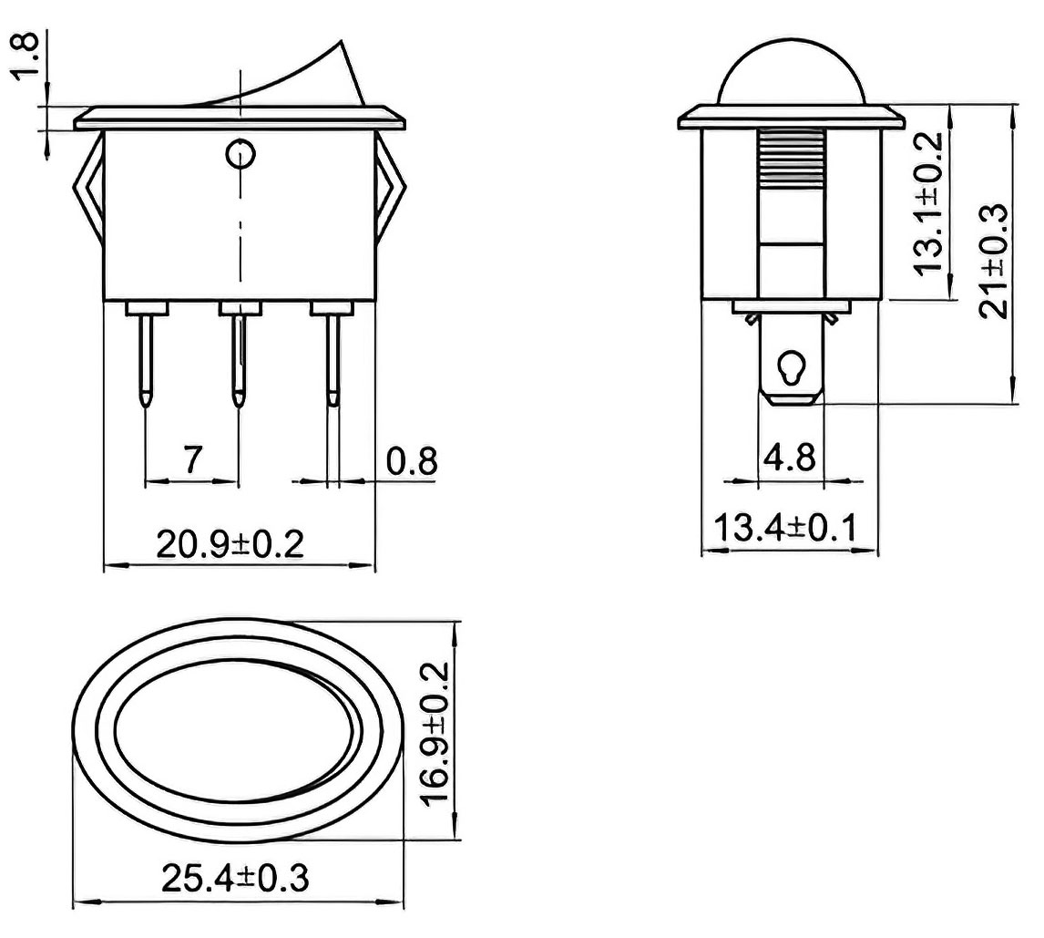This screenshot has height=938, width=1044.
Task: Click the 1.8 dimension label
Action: click(26, 56)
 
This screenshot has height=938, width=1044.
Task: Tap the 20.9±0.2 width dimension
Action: click(230, 543)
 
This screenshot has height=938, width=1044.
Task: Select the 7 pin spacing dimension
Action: click(191, 459)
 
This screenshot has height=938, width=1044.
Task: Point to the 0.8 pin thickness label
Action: click(412, 461)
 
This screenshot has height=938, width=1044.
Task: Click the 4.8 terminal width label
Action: click(790, 458)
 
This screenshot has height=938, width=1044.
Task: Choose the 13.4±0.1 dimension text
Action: click(785, 527)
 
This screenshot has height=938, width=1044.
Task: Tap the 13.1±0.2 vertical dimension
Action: click(928, 204)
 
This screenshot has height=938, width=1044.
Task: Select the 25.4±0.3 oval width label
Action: click(235, 878)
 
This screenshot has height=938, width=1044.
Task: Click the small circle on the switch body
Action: click(240, 155)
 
